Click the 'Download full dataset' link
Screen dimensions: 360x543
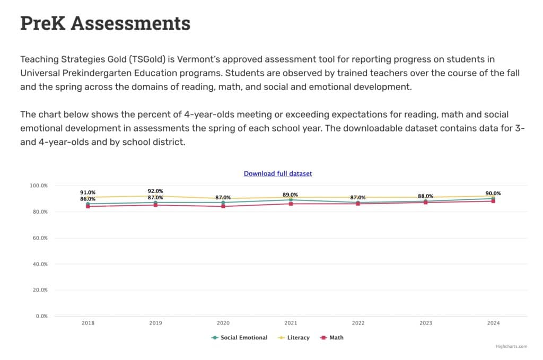point(278,173)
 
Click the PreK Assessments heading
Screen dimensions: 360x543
point(105,24)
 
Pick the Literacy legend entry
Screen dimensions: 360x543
point(298,338)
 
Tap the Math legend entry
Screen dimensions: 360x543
point(336,338)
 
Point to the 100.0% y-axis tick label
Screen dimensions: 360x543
point(39,186)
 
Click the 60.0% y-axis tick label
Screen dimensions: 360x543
point(40,238)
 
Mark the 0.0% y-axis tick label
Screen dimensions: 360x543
point(41,316)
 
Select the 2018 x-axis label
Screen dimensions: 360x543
point(88,323)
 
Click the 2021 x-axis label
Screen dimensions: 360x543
point(291,323)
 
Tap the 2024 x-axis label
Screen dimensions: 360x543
point(493,323)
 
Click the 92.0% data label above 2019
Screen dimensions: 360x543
point(155,191)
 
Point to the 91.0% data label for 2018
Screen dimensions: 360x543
point(88,192)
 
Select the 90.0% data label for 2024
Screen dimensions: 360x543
point(493,194)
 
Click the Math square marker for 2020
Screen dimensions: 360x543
point(223,206)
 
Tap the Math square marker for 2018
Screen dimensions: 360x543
point(88,206)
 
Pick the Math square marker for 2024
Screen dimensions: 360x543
point(493,201)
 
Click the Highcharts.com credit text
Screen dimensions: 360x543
point(511,347)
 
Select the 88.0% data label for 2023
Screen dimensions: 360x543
point(425,196)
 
